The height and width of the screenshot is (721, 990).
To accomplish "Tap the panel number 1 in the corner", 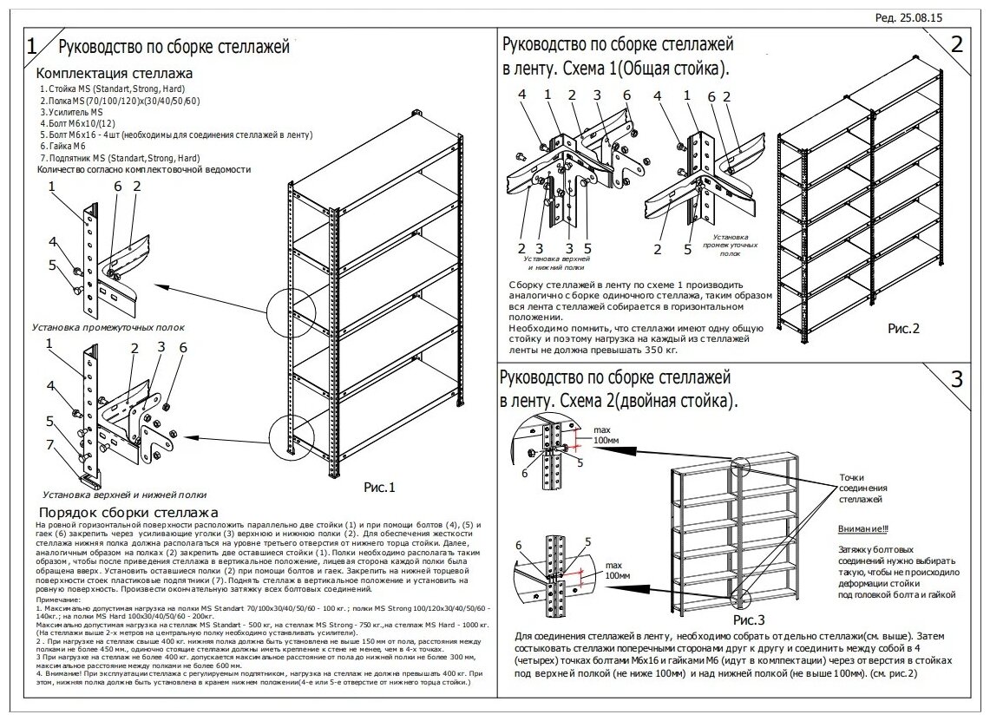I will coord(32,46).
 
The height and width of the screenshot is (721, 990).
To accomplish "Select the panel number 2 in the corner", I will coord(957,46).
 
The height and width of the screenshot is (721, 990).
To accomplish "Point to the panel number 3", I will coord(957,379).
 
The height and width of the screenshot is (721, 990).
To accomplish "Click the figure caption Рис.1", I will coord(378,488).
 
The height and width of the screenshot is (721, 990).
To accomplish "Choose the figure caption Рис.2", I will coord(902,329).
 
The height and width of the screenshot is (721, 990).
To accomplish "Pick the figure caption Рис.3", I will coord(749,620).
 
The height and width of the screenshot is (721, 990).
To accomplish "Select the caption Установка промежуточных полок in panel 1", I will coord(108,328).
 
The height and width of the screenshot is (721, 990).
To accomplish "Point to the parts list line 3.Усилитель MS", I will coord(72,113).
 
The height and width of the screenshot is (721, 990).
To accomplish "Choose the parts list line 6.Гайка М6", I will coord(66,147).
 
